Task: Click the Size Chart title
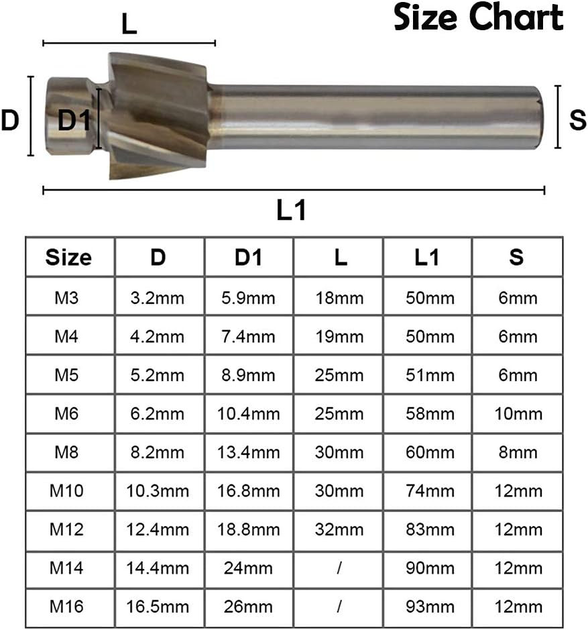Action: click(478, 17)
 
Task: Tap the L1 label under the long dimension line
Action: click(292, 210)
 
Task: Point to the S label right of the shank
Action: click(577, 119)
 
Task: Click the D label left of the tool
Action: click(10, 120)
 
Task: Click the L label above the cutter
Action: click(129, 25)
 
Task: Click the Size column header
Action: click(68, 257)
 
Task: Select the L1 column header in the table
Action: click(426, 257)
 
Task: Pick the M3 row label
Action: click(66, 298)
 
